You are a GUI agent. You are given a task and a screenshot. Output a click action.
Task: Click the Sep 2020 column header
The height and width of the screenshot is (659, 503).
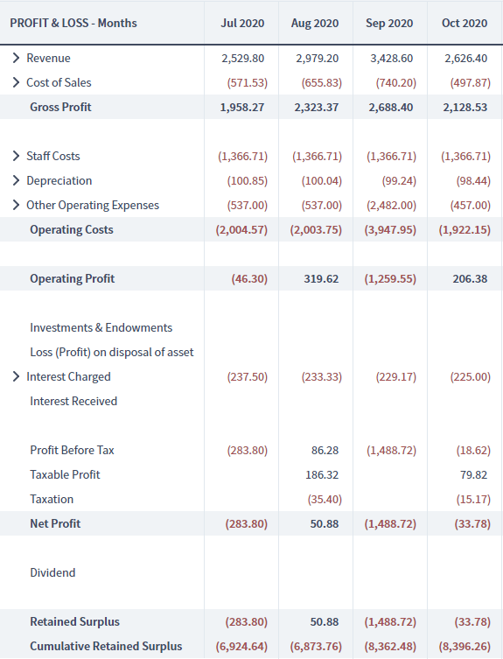[389, 23]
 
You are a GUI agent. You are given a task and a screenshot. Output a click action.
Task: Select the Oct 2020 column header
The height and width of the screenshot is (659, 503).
[465, 23]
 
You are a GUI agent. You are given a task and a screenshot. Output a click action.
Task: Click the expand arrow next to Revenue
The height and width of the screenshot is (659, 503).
[16, 58]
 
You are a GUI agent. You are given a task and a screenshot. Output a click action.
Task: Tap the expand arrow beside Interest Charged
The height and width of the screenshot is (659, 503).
[16, 376]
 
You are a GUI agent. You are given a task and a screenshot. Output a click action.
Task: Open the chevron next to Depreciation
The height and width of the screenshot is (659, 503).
[16, 180]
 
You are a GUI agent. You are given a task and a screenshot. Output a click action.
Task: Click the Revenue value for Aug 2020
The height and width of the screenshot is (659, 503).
[318, 58]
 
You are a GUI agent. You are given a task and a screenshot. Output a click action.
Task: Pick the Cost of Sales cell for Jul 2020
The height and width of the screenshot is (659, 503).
[247, 83]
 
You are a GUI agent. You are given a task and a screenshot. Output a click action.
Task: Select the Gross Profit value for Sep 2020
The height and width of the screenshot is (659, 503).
[391, 107]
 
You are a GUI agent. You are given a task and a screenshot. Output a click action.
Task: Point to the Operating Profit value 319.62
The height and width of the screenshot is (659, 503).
[321, 278]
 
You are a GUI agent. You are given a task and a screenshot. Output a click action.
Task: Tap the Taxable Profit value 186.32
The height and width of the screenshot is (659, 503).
[322, 475]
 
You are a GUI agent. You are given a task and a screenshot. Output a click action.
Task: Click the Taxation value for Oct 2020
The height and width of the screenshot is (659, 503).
[473, 500]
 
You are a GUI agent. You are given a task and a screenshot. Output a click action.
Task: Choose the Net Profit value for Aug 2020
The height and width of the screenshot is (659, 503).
[325, 523]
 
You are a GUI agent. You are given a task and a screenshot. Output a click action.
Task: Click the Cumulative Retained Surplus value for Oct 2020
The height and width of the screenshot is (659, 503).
[465, 647]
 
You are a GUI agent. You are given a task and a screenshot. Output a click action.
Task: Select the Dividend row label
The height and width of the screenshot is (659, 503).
[52, 573]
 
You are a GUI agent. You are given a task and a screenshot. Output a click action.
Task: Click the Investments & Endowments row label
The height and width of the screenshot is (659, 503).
[101, 328]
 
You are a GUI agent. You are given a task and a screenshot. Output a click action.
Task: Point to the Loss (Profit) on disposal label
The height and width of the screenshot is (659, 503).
[112, 352]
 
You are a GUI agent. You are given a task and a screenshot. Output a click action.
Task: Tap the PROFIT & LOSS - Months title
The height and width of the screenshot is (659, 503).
[73, 23]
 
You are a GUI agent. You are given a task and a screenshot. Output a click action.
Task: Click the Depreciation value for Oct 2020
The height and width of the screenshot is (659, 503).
[473, 180]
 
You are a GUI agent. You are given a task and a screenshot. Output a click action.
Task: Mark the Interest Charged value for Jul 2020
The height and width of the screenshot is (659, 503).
[247, 377]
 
